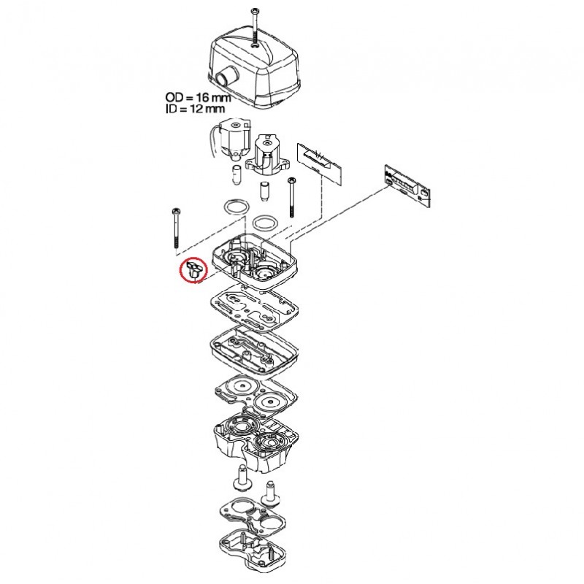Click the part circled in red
click(195, 269)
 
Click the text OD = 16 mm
click(198, 98)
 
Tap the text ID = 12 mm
click(195, 109)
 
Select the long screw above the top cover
click(255, 26)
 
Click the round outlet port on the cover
click(226, 77)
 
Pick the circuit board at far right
click(407, 185)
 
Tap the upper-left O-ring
click(236, 207)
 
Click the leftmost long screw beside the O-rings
click(175, 228)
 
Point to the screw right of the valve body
click(291, 197)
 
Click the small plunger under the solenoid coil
click(236, 174)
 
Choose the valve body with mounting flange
click(267, 155)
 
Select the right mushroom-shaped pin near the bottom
click(271, 493)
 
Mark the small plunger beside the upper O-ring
click(264, 192)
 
